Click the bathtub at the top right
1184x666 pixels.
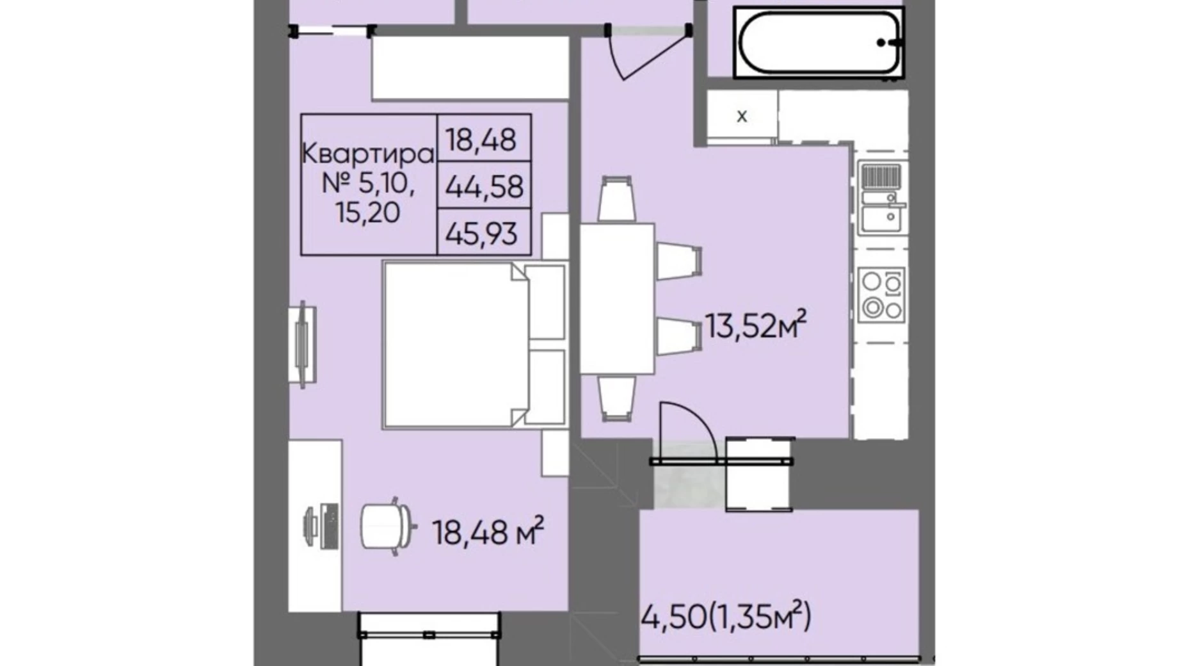817,43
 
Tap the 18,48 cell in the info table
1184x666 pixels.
484,139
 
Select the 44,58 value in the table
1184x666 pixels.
484,186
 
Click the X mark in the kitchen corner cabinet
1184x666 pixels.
742,117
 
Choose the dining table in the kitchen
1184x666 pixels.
617,298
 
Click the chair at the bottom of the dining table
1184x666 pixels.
616,398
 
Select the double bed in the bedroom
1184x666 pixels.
474,345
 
